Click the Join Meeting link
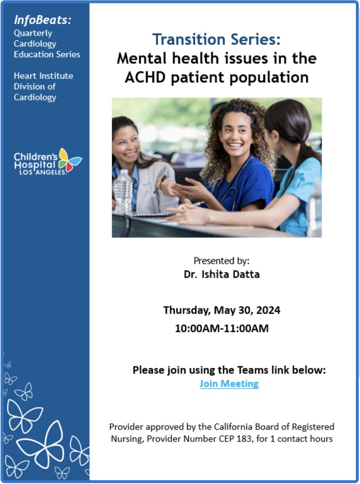(x=229, y=384)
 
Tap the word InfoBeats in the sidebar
(x=42, y=20)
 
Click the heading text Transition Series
(x=216, y=40)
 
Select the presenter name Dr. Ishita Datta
(x=221, y=275)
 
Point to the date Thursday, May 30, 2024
(x=221, y=311)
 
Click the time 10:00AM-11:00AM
(x=221, y=328)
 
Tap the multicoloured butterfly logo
(x=70, y=160)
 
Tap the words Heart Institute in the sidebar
(x=44, y=76)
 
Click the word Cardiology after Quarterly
(x=35, y=44)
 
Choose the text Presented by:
(x=221, y=261)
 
